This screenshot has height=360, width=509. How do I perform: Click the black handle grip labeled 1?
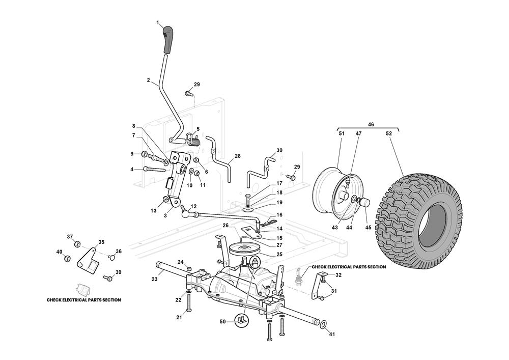point(167,41)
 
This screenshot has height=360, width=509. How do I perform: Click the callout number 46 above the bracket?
point(371,124)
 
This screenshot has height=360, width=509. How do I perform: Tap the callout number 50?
point(222,322)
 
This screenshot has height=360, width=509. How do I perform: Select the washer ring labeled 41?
point(323,324)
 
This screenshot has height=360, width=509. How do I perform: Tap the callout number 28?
point(237,156)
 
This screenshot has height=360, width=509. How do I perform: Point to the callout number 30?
point(279,151)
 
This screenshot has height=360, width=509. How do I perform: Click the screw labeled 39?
point(107,278)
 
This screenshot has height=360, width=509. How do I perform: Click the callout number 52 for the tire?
point(389,133)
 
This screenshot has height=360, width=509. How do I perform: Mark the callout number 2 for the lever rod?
point(148,80)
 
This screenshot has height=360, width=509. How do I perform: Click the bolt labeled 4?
point(152,169)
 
